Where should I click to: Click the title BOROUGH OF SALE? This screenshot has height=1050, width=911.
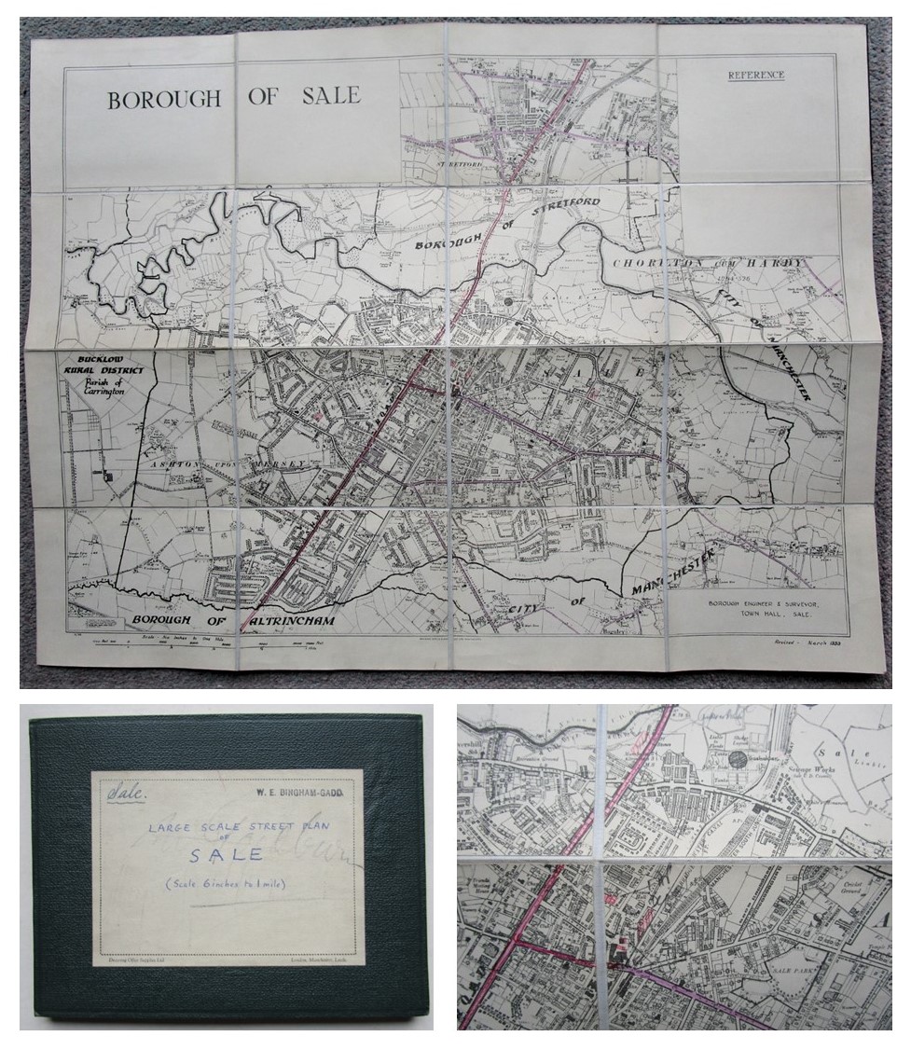click(233, 97)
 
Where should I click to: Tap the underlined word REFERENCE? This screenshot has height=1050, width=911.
click(755, 75)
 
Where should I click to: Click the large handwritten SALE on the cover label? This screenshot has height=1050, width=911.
click(227, 855)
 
